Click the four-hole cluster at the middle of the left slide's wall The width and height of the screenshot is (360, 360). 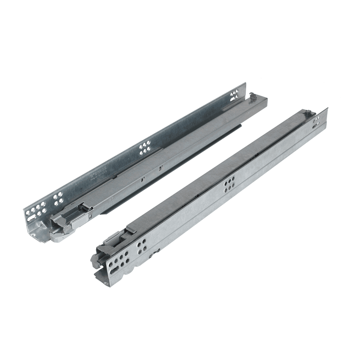tap(145, 148)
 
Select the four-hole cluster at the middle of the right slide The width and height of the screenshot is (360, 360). tap(229, 185)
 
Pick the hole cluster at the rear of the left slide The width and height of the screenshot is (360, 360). tap(234, 96)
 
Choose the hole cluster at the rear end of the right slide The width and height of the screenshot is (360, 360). tap(316, 121)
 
